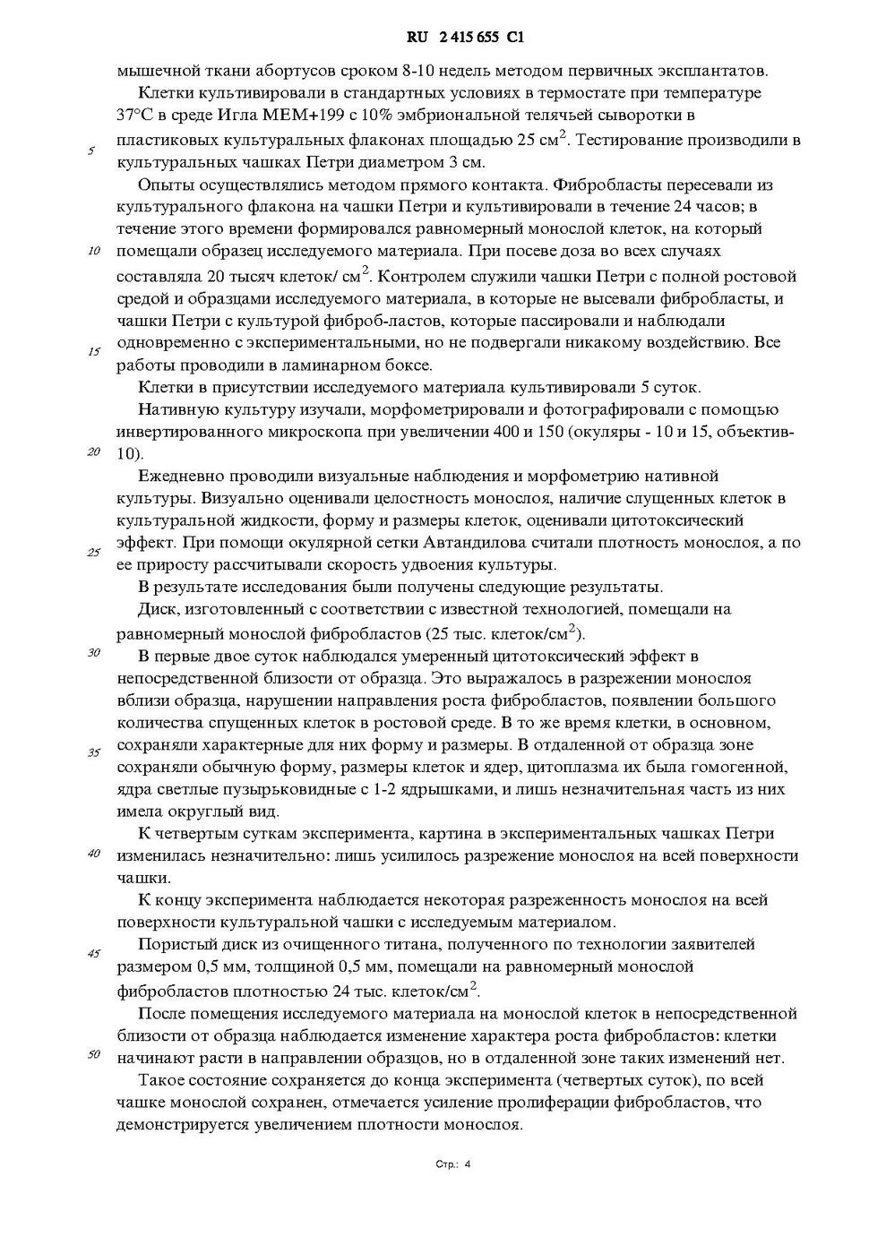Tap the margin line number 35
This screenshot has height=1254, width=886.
[93, 752]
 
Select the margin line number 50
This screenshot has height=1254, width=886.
[93, 1053]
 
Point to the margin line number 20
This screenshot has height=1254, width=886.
[93, 451]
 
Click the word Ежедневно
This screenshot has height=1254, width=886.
[181, 476]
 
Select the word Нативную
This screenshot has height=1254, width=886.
[174, 409]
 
